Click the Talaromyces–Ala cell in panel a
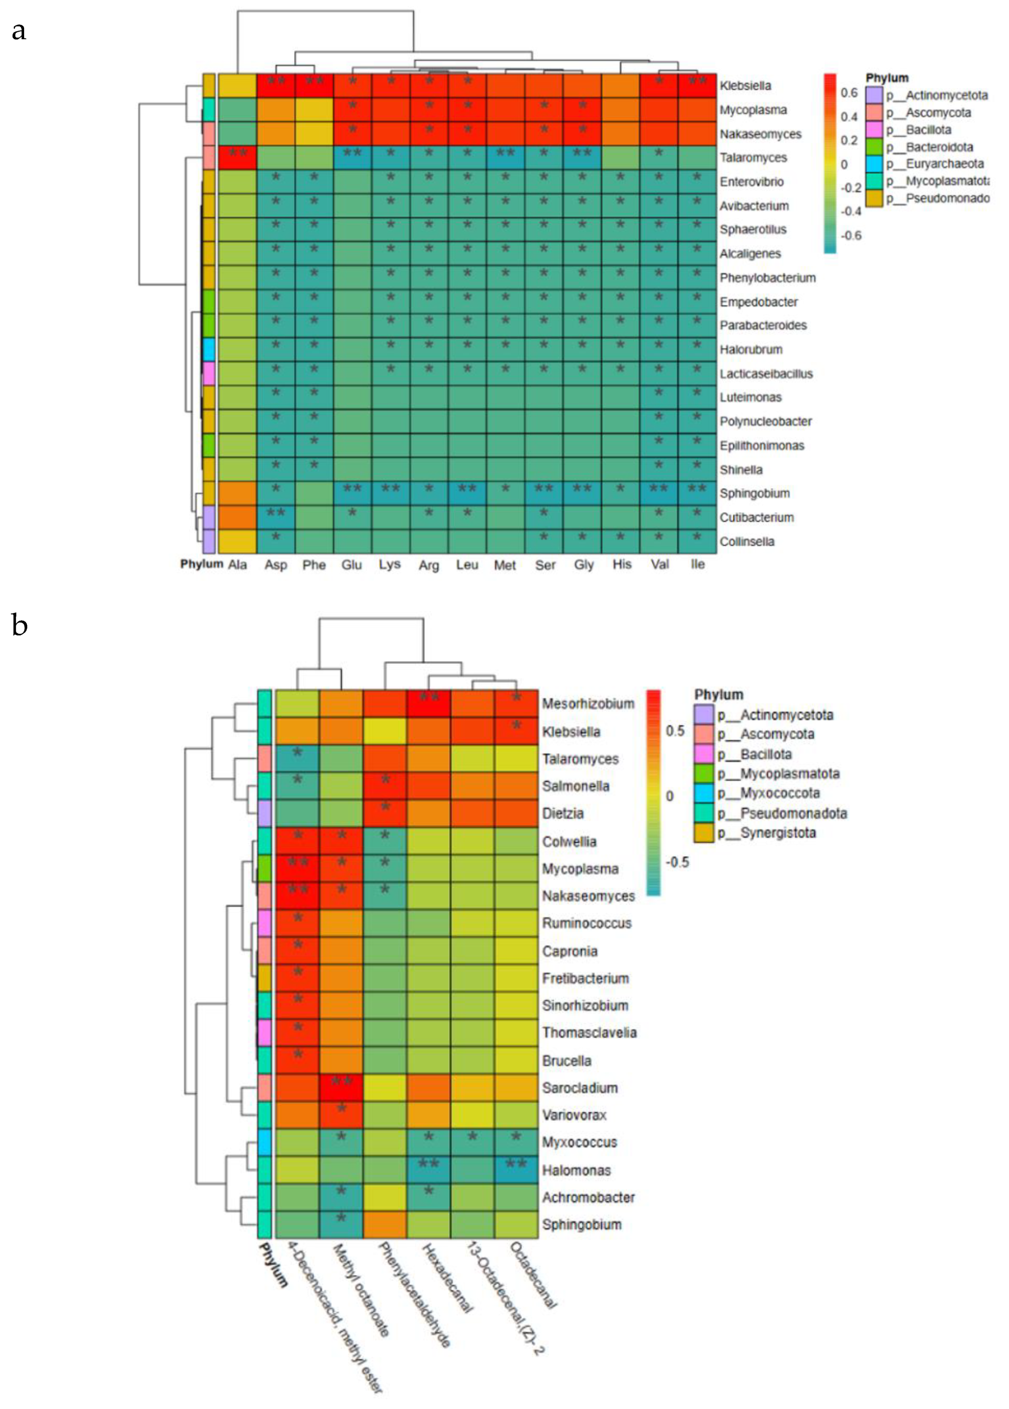237,157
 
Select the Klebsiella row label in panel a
745,86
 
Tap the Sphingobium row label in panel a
754,493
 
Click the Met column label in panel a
505,565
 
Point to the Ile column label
697,564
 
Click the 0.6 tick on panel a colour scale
849,93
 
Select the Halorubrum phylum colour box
209,350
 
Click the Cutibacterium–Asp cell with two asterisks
276,517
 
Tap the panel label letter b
20,625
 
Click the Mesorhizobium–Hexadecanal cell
429,703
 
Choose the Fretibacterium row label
585,978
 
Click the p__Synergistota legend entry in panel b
766,832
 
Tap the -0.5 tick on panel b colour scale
677,862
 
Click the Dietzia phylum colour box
264,813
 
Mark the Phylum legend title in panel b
719,694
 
